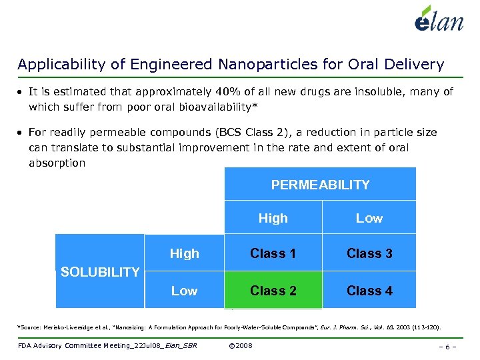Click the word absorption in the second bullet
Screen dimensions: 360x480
(57, 163)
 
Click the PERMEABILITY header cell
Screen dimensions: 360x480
(320, 185)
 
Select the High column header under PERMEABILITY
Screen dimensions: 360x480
(273, 218)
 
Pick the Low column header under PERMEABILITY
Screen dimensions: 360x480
(369, 218)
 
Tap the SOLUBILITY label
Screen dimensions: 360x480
(100, 271)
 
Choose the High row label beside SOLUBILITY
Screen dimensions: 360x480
(184, 253)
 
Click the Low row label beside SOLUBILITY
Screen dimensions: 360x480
(184, 291)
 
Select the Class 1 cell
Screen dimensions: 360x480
(273, 253)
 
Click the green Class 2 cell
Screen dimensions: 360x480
(273, 291)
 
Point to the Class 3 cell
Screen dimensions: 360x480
(369, 253)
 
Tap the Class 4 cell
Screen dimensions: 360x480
(369, 291)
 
